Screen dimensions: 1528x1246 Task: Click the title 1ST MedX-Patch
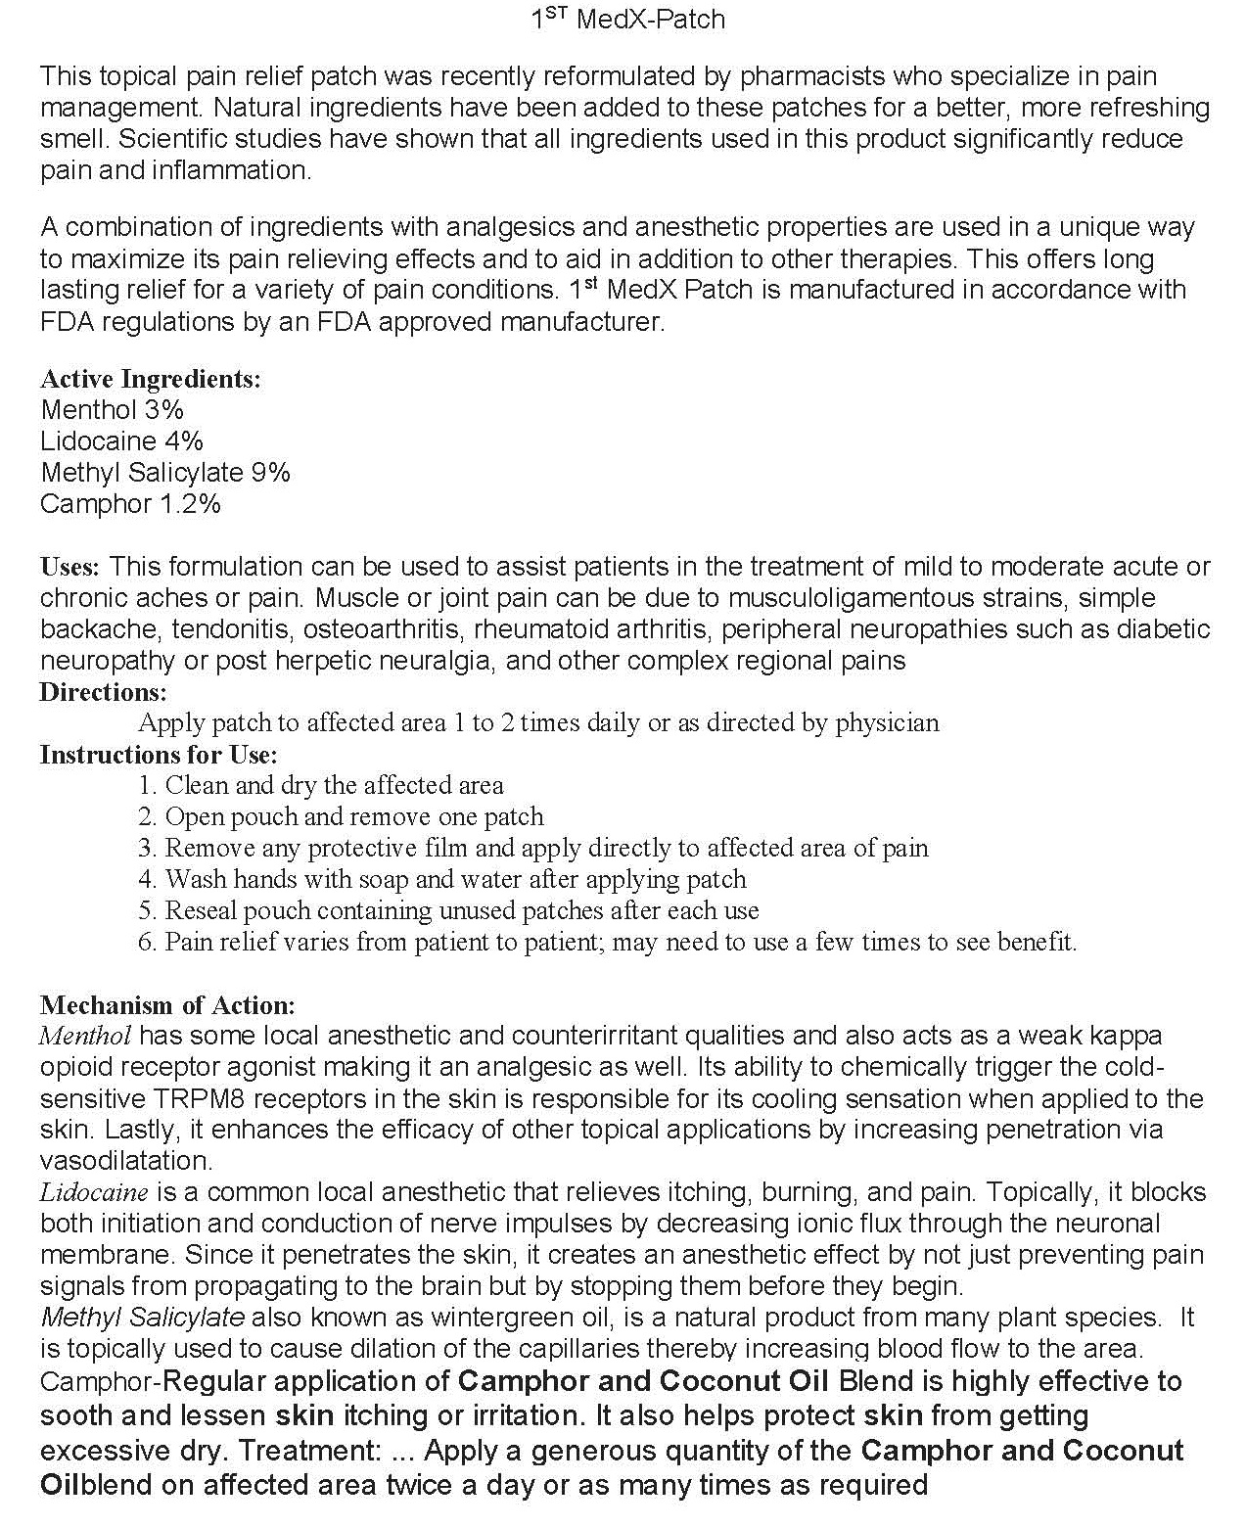click(627, 19)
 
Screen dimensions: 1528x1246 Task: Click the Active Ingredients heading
click(151, 379)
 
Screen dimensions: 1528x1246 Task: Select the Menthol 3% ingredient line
click(113, 409)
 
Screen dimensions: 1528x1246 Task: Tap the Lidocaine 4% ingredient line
click(122, 440)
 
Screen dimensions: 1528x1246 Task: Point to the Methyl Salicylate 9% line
click(165, 472)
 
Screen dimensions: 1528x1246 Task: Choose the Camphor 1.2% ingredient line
click(131, 503)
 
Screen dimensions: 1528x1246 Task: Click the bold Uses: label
click(69, 567)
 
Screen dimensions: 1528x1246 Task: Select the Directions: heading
click(104, 692)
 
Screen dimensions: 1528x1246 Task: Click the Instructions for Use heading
click(159, 755)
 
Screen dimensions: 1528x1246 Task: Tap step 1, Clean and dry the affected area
click(321, 785)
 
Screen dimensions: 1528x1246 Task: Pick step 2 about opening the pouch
click(341, 816)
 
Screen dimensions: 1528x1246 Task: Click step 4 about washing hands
click(442, 879)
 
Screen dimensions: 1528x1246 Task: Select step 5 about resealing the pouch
click(448, 910)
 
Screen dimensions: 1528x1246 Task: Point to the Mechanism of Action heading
click(166, 1005)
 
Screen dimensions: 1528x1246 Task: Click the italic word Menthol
click(86, 1035)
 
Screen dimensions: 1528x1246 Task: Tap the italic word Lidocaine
click(94, 1192)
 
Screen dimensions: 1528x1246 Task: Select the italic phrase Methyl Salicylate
click(143, 1318)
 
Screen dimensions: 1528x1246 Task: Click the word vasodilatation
click(125, 1161)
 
